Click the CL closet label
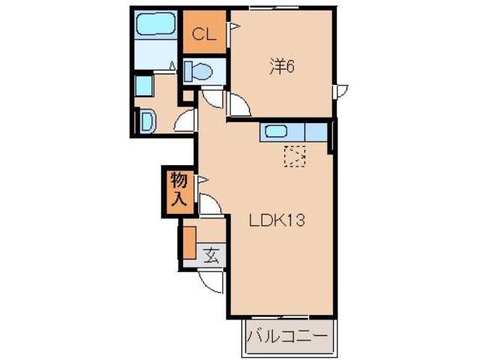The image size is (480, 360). click(203, 33)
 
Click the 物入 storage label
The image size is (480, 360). click(178, 190)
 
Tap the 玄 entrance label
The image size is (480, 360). click(211, 254)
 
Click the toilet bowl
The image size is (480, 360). click(199, 72)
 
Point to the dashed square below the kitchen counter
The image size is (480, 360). click(295, 156)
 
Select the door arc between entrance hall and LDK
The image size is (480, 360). click(210, 205)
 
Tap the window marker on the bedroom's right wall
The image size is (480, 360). click(342, 91)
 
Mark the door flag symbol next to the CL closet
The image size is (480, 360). click(233, 28)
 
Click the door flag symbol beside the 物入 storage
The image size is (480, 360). click(201, 180)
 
